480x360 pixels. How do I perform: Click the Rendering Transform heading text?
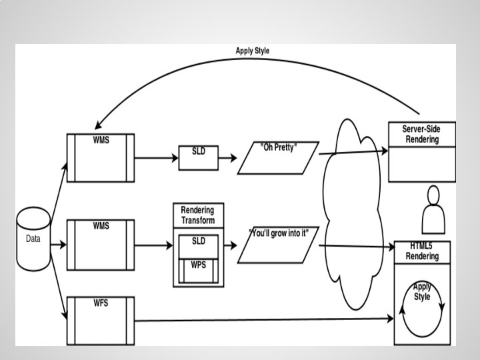pos(198,215)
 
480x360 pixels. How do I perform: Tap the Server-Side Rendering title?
pos(421,133)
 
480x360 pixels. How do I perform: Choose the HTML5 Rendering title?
pos(423,251)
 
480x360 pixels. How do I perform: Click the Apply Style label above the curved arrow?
pos(253,51)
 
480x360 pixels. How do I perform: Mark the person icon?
pos(434,209)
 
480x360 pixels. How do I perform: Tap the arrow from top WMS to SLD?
pos(157,158)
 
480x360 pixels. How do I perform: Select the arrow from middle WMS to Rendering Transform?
pos(154,245)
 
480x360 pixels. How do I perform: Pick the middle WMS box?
pos(101,245)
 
